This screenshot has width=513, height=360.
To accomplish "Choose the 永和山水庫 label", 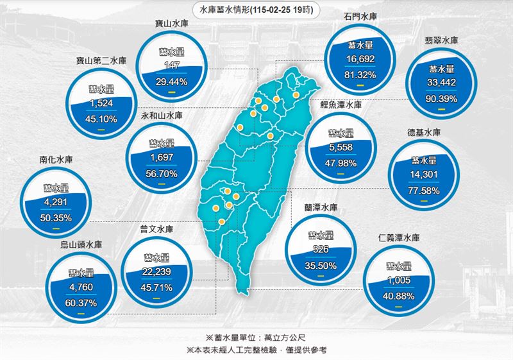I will [162, 117].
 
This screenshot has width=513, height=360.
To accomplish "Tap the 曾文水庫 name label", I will [157, 229].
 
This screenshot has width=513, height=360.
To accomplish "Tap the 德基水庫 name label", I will [424, 133].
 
